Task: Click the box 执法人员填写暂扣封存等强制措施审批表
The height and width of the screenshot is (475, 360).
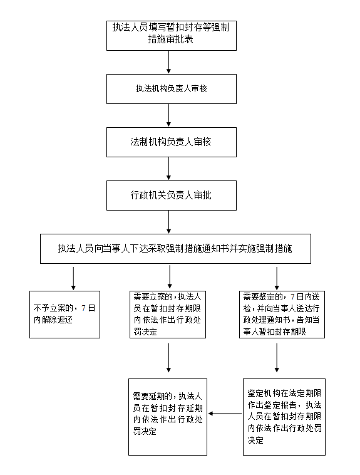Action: click(x=172, y=36)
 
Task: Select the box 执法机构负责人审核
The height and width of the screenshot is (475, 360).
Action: click(x=172, y=89)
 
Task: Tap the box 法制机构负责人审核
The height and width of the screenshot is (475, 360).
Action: click(x=172, y=142)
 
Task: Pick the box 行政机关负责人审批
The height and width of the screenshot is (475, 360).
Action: click(x=172, y=196)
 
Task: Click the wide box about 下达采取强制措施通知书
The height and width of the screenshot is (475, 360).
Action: click(x=175, y=248)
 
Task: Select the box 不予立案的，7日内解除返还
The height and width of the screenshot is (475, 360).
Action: click(x=64, y=315)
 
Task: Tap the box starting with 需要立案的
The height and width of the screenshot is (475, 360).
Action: click(x=168, y=315)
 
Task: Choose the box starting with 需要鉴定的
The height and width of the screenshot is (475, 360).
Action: click(x=282, y=315)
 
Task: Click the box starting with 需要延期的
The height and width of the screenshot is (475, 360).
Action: click(x=168, y=417)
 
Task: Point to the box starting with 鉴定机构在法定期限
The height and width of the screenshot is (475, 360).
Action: click(x=284, y=417)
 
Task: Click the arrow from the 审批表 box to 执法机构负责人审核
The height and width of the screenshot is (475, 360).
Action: click(x=168, y=62)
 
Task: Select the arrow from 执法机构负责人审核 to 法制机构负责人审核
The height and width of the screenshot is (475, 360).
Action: click(x=168, y=115)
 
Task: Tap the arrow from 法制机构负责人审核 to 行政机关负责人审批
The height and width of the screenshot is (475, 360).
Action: click(x=168, y=169)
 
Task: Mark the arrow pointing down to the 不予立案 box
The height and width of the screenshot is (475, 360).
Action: click(x=73, y=278)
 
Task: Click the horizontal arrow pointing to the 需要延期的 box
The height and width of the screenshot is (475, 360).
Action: click(x=225, y=414)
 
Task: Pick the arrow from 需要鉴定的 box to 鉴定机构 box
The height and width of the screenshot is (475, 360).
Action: click(x=277, y=357)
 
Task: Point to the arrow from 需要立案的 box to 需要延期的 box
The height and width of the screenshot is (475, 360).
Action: click(x=168, y=357)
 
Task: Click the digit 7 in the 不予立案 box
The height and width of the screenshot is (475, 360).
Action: click(x=83, y=308)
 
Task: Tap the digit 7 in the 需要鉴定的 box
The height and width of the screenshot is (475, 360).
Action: click(x=292, y=296)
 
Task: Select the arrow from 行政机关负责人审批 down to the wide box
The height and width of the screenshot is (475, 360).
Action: click(x=168, y=222)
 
